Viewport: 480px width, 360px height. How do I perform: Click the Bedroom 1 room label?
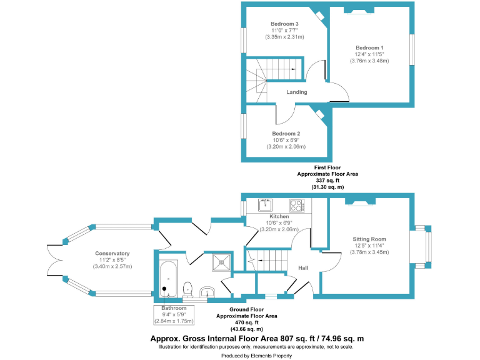pos(369,48)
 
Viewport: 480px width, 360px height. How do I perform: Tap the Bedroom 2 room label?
pos(286,134)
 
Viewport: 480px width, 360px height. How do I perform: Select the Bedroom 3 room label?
pos(284,24)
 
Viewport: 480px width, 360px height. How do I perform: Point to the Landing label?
pos(296,92)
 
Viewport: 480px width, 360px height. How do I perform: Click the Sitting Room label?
pos(369,239)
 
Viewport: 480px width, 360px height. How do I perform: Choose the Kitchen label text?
pos(279,216)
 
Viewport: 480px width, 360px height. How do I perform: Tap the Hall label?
pos(303,268)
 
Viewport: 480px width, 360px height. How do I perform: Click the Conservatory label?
pos(112,253)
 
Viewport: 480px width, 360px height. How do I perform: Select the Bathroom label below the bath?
pos(174,308)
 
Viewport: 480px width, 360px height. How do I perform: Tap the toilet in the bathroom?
pos(188,288)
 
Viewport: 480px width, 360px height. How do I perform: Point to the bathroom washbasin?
pos(208,292)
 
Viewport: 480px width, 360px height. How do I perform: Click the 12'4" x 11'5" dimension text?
pos(369,54)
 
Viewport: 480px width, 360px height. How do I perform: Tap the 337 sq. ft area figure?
pos(327,181)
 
